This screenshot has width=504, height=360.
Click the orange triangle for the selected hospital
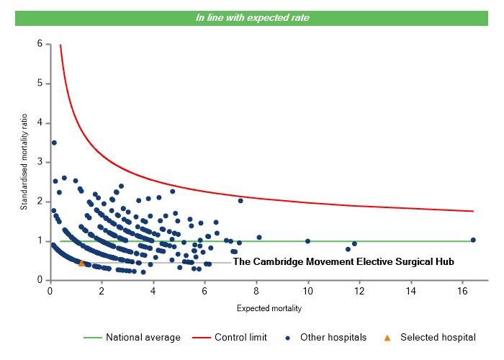(x=81, y=264)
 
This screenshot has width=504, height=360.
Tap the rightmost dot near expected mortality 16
(x=473, y=240)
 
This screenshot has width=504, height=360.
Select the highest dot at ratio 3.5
(x=54, y=143)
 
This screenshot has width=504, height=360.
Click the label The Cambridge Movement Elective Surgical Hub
(x=343, y=263)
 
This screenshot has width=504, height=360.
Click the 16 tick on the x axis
(x=462, y=290)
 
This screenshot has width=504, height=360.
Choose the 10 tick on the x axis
(x=307, y=290)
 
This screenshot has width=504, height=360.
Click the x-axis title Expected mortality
(x=269, y=309)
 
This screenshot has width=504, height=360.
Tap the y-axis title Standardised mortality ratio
(x=24, y=162)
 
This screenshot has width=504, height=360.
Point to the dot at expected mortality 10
(x=307, y=241)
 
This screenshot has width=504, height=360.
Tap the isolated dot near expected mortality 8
(x=259, y=238)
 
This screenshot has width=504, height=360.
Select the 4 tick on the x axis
(x=153, y=290)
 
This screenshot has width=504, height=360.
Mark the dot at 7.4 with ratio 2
(x=240, y=201)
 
